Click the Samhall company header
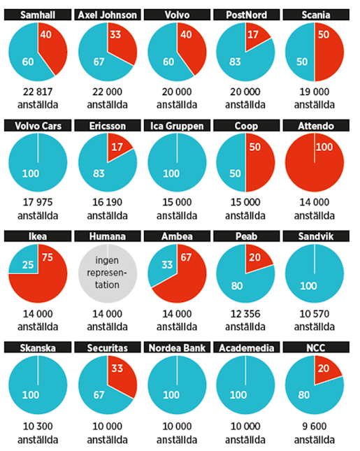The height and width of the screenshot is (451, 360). pyautogui.click(x=38, y=14)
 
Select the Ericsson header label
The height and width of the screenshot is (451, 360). pyautogui.click(x=106, y=126)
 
